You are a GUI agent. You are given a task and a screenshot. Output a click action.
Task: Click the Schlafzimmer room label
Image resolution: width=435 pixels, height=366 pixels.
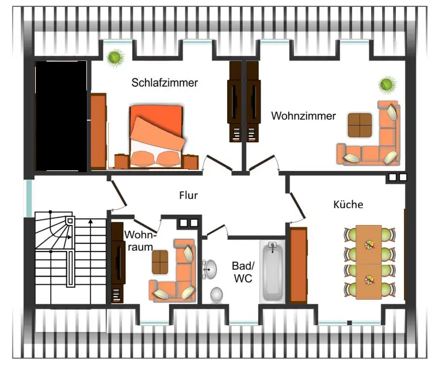pyautogui.click(x=165, y=83)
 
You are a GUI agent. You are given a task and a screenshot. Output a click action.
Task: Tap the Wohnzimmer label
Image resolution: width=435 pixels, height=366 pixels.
pyautogui.click(x=303, y=116)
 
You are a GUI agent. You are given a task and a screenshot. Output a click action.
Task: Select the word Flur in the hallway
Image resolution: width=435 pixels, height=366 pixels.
pyautogui.click(x=188, y=196)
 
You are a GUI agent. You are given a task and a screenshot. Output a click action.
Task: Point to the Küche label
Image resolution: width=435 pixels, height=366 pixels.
pyautogui.click(x=348, y=205)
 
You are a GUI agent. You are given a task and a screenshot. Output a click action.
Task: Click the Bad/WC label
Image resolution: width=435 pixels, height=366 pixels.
pyautogui.click(x=242, y=272)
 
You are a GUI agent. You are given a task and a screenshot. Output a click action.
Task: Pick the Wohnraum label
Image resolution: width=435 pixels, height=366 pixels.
pyautogui.click(x=139, y=241)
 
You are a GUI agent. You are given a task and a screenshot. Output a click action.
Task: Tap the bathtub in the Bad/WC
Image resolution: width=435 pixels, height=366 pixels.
pyautogui.click(x=272, y=271)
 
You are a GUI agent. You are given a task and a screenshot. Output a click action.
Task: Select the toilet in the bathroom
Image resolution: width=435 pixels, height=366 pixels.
pyautogui.click(x=217, y=295)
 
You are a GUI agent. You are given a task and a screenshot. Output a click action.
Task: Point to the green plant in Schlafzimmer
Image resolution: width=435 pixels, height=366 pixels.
pyautogui.click(x=115, y=57)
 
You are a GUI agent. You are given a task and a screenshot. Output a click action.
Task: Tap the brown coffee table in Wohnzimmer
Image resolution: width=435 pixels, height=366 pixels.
pyautogui.click(x=360, y=124)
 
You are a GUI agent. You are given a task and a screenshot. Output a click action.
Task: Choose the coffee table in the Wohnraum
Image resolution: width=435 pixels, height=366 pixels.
pyautogui.click(x=160, y=262)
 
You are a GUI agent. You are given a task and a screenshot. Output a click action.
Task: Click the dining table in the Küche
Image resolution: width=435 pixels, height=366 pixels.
pyautogui.click(x=369, y=262)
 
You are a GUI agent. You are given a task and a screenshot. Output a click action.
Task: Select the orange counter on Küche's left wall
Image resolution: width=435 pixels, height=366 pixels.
pyautogui.click(x=297, y=265)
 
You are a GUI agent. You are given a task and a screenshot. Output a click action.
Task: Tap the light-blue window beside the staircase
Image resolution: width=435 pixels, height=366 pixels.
pyautogui.click(x=28, y=199)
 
